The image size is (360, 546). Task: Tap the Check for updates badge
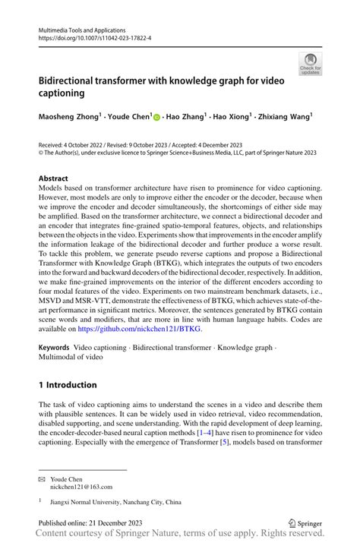309,64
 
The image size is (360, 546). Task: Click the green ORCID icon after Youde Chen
157,118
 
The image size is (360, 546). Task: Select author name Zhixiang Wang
286,118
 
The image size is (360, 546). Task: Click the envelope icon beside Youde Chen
42,480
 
